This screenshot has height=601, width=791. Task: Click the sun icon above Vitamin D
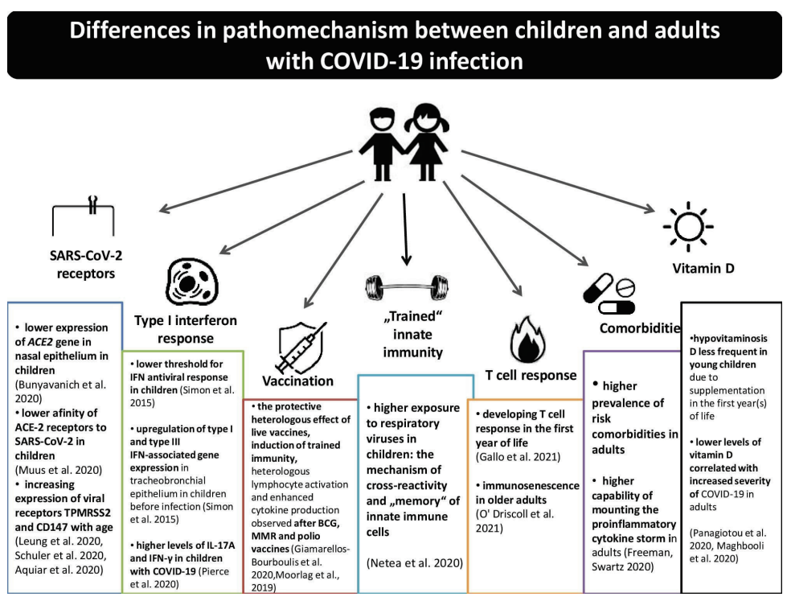(x=688, y=227)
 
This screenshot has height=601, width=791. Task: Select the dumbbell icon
(x=407, y=287)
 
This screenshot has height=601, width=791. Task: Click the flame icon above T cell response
(x=527, y=340)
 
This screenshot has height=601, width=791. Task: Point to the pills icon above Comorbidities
(x=609, y=294)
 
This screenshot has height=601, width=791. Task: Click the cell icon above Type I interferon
(x=191, y=282)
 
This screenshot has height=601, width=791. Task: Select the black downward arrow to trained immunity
(x=405, y=229)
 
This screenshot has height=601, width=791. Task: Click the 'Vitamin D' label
(x=703, y=268)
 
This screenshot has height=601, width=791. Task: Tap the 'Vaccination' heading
(x=297, y=381)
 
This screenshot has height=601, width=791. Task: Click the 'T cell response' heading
(x=531, y=375)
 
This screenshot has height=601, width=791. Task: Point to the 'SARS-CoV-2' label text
(x=86, y=255)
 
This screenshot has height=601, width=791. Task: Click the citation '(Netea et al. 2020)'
(x=415, y=563)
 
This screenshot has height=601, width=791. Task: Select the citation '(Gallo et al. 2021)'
(x=518, y=457)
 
